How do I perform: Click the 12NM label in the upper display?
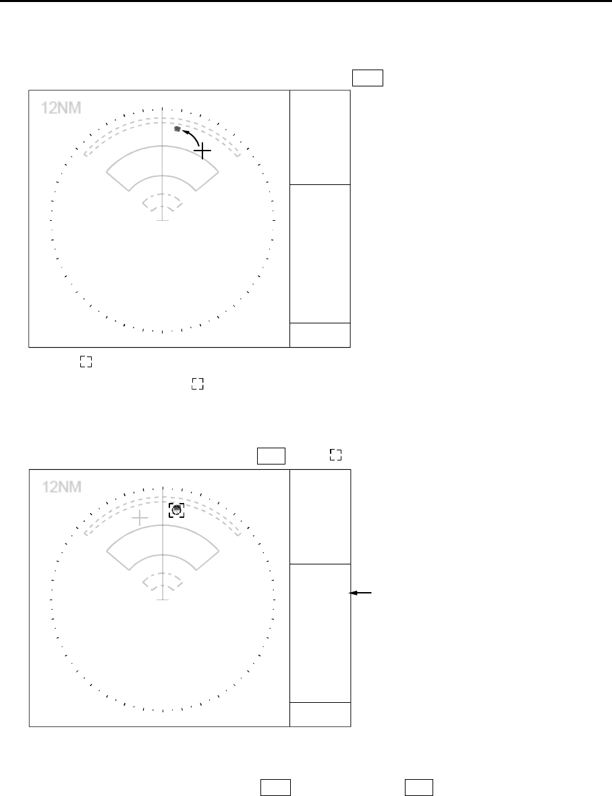pos(61,107)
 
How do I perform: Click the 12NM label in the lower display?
pos(61,487)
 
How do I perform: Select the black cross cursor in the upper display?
pos(202,151)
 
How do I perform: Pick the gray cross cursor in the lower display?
pos(140,519)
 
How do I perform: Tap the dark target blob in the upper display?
pos(177,129)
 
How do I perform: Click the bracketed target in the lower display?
pos(177,510)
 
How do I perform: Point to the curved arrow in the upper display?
pos(192,136)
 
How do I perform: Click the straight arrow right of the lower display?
pos(360,592)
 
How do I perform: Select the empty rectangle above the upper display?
pos(368,78)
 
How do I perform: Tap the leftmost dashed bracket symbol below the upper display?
pos(86,361)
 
